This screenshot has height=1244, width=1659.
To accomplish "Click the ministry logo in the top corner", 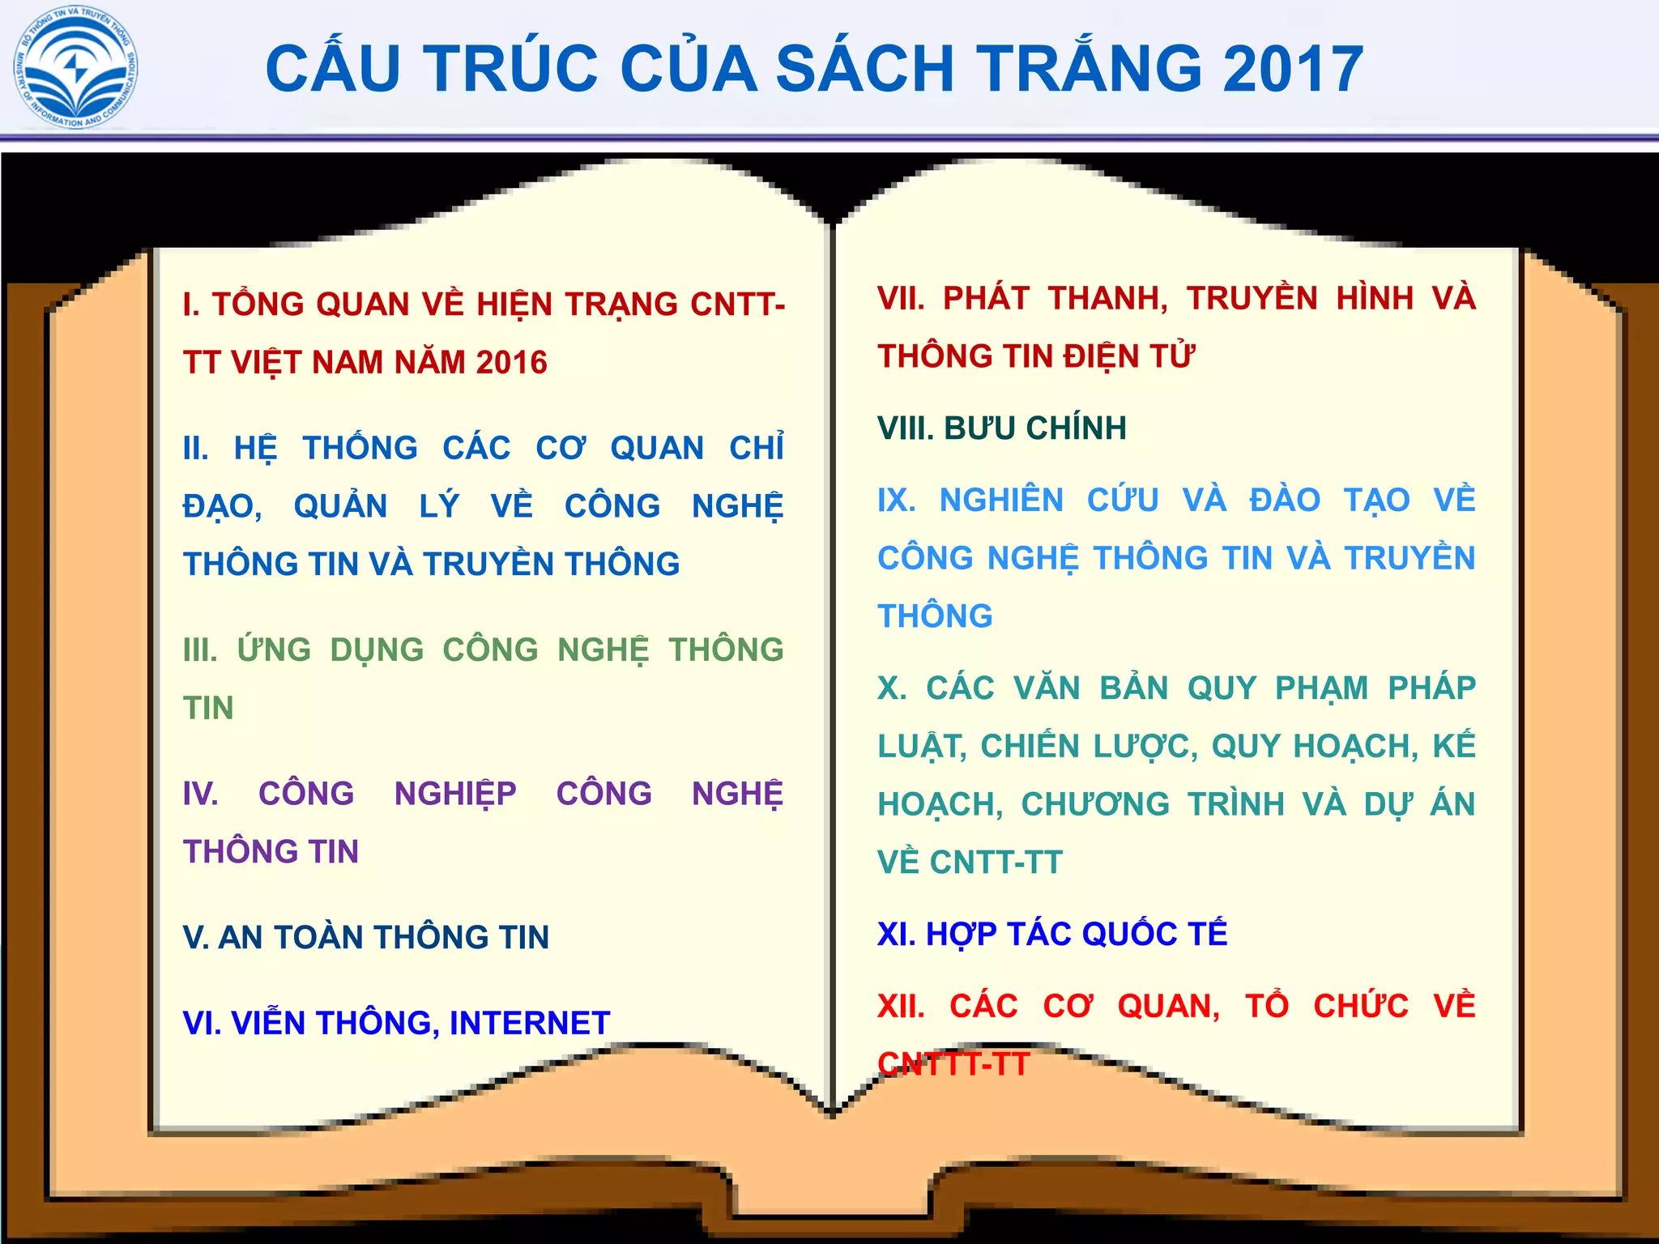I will (x=75, y=68).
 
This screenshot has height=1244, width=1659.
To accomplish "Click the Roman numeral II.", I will (x=195, y=449).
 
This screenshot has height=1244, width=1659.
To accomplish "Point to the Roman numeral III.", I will (x=200, y=650).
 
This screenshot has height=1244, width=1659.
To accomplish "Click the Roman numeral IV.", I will (x=200, y=794).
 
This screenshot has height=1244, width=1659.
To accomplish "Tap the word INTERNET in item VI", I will (x=530, y=1024).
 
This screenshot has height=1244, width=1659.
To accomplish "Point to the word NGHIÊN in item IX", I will (x=1001, y=501).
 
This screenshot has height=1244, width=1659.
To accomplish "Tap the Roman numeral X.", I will (x=891, y=688).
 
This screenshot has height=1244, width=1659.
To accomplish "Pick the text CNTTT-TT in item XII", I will (x=953, y=1064).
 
